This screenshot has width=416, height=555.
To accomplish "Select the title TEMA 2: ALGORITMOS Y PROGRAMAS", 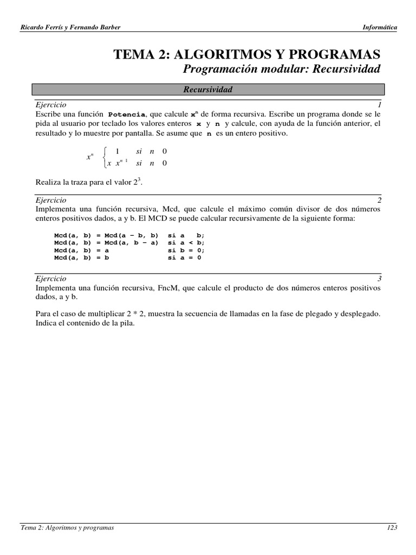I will click(x=246, y=54).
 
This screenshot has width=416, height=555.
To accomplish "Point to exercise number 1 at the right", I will click(x=380, y=104).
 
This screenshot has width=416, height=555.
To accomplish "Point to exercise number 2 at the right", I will click(x=379, y=200).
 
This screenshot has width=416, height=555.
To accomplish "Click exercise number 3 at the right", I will click(x=379, y=279).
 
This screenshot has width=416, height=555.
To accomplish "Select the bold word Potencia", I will click(x=127, y=115).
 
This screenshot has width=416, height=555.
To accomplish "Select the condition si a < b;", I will click(x=186, y=243).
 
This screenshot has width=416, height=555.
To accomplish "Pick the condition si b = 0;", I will click(x=186, y=251).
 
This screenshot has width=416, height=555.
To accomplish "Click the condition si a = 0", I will click(x=184, y=259).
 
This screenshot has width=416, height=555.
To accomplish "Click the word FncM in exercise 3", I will click(x=168, y=288).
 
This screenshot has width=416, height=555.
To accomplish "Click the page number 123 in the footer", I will click(x=392, y=528).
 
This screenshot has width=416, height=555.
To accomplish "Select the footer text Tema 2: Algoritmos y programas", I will click(x=67, y=528).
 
